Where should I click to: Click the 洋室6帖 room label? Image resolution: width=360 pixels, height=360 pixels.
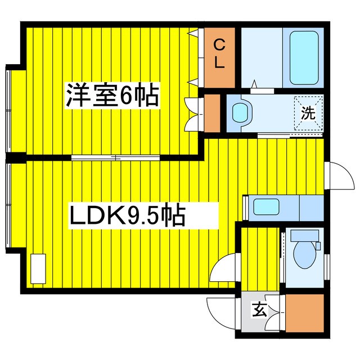tap(112, 95)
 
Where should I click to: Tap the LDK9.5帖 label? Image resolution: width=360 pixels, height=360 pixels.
tap(128, 215)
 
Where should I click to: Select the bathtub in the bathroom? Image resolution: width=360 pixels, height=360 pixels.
tap(304, 58)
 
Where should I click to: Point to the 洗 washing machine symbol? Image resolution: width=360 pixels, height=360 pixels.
tap(308, 113)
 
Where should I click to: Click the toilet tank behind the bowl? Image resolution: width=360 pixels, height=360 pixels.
tap(305, 235)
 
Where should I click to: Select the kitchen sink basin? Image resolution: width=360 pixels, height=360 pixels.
tap(266, 206)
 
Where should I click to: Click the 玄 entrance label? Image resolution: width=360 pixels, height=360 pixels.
tap(259, 310)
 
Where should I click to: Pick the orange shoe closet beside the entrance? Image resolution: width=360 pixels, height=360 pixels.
tap(305, 313)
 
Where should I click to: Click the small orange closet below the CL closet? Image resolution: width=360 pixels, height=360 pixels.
tap(212, 113)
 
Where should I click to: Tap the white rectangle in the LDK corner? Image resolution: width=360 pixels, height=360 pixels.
tap(38, 269)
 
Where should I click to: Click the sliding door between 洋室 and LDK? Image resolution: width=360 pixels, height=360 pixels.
tap(115, 157)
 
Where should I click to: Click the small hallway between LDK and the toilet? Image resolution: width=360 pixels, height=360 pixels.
tap(260, 259)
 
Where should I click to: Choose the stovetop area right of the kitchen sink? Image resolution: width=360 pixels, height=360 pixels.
tap(312, 208)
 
